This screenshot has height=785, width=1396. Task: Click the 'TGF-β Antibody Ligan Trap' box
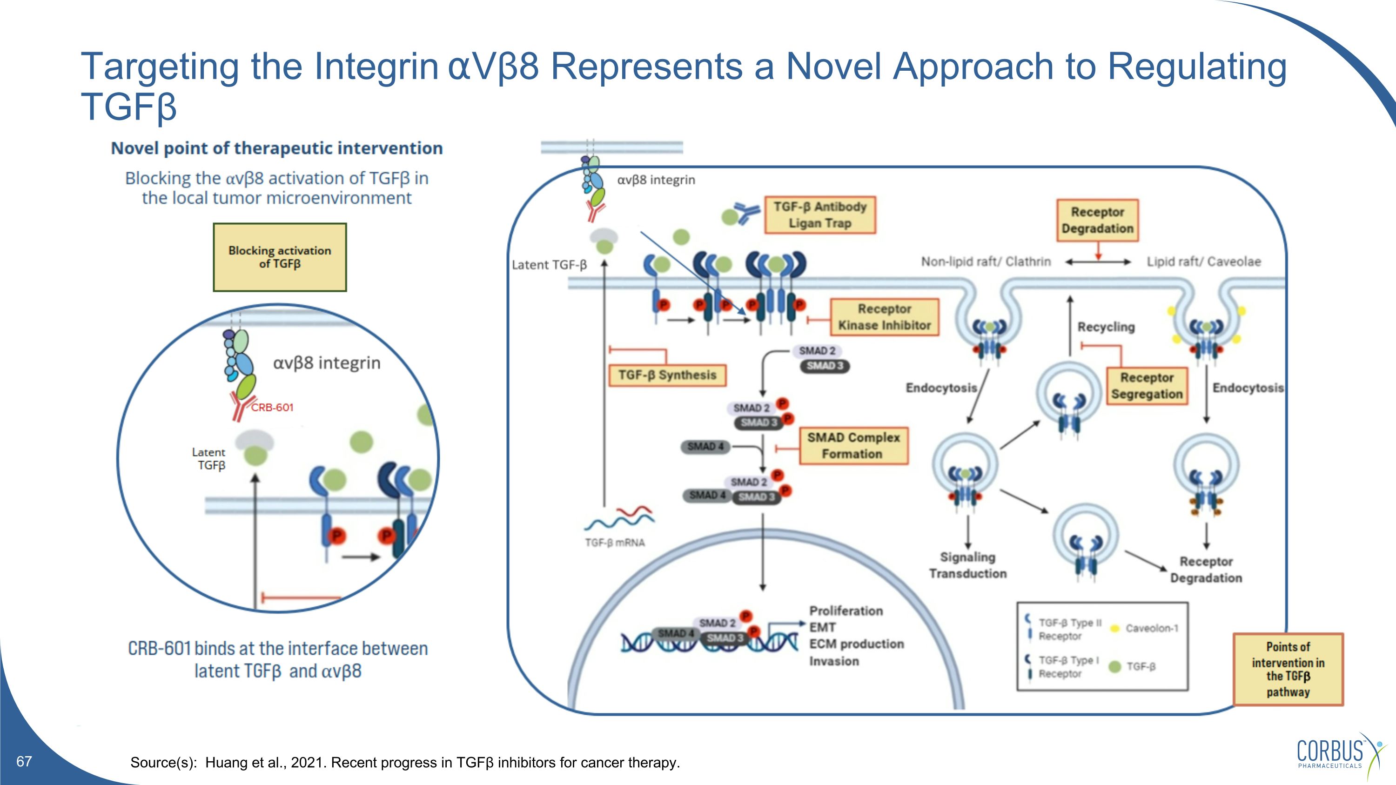pos(820,215)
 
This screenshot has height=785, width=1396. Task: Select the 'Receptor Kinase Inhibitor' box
pos(885,317)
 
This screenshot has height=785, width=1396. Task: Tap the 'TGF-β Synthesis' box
pos(668,375)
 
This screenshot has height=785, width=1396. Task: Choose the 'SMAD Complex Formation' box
pos(853,445)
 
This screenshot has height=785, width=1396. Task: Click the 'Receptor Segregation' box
pos(1147,386)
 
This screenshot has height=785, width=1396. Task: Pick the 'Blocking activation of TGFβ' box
pos(280,257)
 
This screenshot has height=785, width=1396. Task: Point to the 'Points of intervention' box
pos(1288,669)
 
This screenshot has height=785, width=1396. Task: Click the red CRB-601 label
pos(272,408)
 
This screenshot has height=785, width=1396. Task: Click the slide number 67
pos(24,761)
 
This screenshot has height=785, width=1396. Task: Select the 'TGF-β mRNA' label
pos(615,542)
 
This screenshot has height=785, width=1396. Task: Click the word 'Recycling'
pos(1106,327)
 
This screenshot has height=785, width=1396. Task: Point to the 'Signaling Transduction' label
pos(968,565)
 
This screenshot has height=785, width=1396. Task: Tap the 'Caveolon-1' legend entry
pos(1152,629)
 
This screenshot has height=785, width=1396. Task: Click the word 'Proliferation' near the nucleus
pos(846,611)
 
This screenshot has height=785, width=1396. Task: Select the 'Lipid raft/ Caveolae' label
pos(1204,262)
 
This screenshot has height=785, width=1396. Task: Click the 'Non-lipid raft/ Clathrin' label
pos(986,262)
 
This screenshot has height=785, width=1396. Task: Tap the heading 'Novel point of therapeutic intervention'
pos(277,148)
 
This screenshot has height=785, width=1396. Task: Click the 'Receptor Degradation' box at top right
pos(1097,220)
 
